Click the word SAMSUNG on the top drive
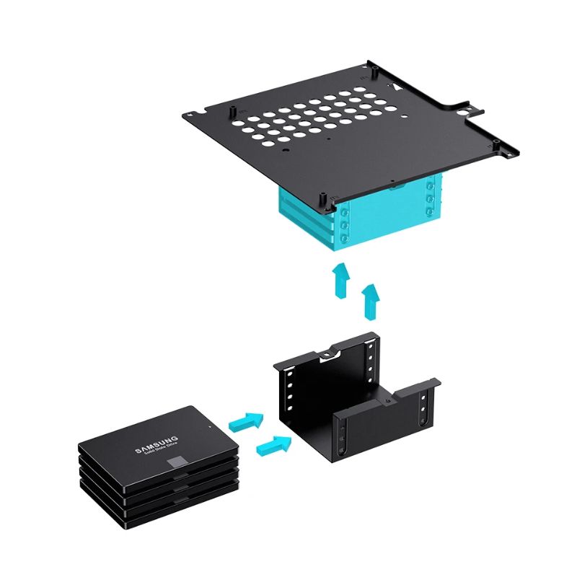coord(157,444)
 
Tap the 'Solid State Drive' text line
coord(161,449)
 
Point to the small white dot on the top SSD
coord(209,427)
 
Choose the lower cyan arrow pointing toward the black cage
coord(274,445)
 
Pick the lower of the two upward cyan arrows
coord(371,301)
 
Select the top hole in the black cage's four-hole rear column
coord(370,346)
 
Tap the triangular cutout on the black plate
coord(395,87)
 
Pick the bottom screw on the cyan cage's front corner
coord(345,239)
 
